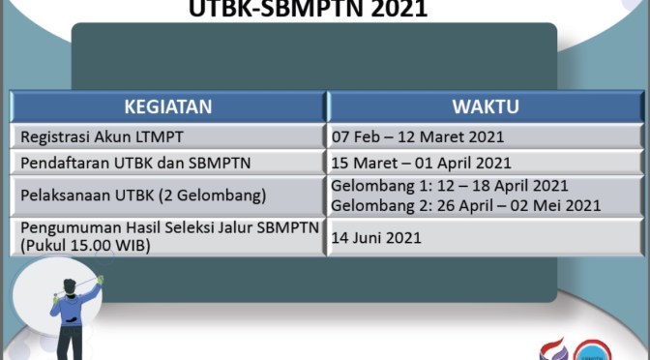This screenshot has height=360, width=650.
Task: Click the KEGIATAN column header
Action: pos(167,106)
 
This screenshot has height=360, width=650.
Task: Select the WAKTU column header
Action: pos(486,106)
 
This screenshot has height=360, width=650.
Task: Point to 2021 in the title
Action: pos(397,10)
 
